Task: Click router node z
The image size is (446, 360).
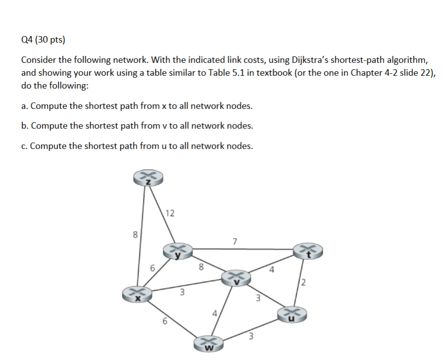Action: pos(147,179)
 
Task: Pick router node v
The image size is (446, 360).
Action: pos(236,278)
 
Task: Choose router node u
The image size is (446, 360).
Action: pos(293,314)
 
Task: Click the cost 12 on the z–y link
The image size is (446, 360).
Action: pos(170,214)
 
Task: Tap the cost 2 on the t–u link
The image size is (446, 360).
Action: pos(303,283)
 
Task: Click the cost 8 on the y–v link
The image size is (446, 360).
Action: pos(200,267)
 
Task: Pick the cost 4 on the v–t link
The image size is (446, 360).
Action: pos(271,270)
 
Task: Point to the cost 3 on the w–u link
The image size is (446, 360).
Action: pos(251,337)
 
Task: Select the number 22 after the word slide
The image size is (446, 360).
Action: pos(415,72)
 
